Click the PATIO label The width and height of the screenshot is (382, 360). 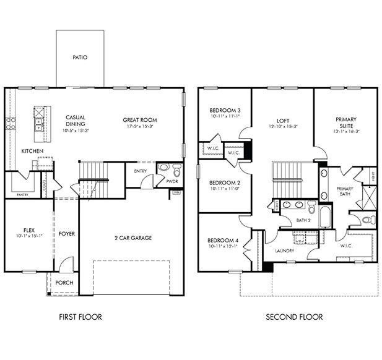[80, 57]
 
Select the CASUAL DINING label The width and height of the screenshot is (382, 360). [76, 121]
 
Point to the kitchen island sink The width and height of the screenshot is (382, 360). [39, 127]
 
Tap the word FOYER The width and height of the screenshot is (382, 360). [67, 234]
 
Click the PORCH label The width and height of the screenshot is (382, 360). [64, 283]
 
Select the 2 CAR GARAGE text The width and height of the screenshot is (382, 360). [134, 238]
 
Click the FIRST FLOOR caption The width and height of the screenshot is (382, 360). [80, 317]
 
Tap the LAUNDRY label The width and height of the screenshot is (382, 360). [284, 251]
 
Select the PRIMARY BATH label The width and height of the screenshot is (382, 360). [344, 191]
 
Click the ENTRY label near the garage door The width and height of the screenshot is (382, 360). [140, 171]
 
